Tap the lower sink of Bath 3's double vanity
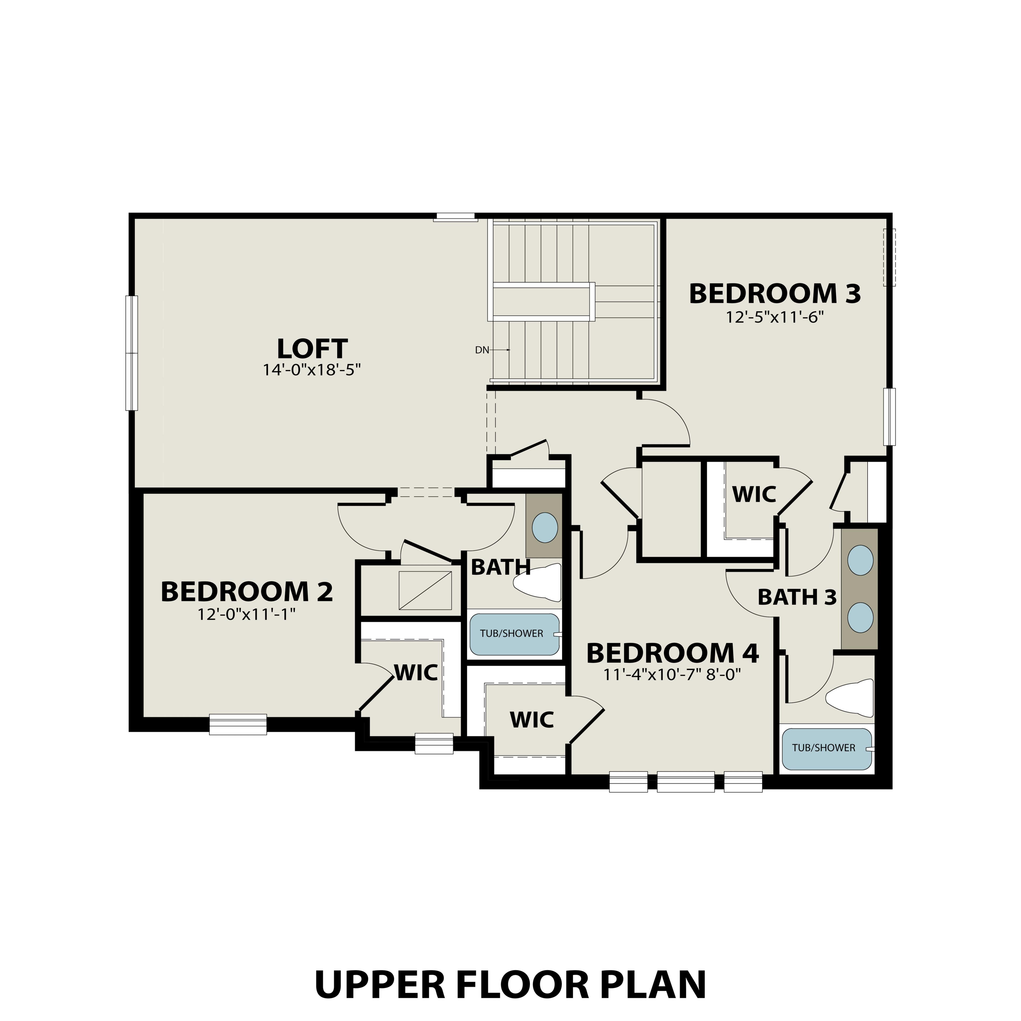tap(860, 617)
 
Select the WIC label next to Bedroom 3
tap(754, 494)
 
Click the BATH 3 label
tap(797, 597)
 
